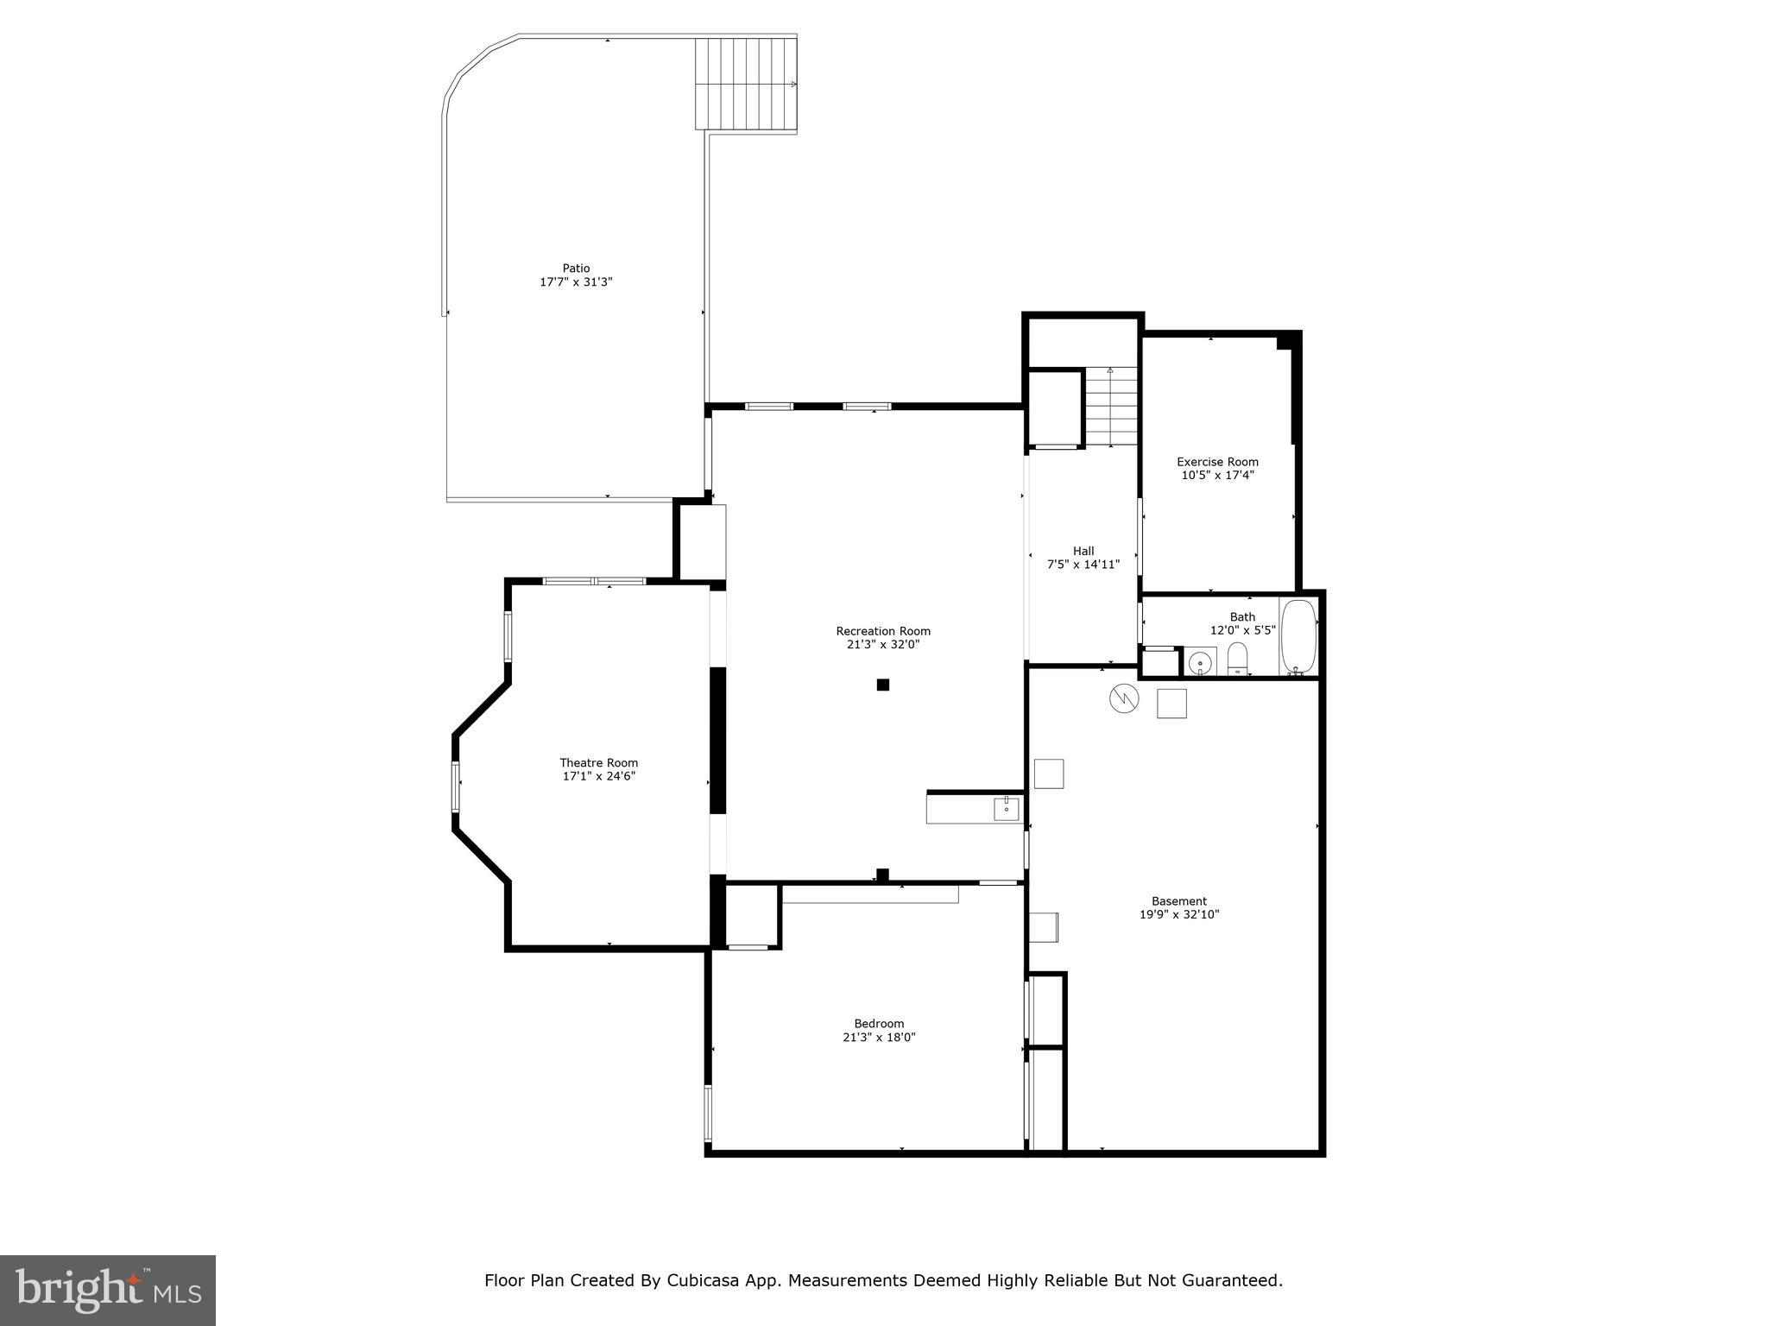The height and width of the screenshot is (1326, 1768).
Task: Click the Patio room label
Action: pyautogui.click(x=576, y=268)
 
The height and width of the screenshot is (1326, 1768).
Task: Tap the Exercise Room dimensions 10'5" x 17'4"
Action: pyautogui.click(x=1217, y=475)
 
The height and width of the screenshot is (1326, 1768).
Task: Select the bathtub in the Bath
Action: pyautogui.click(x=1298, y=637)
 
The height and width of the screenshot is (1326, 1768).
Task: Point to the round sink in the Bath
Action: pyautogui.click(x=1200, y=663)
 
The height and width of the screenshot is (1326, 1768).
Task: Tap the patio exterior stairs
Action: pyautogui.click(x=746, y=83)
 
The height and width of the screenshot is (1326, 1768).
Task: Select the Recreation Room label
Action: pyautogui.click(x=883, y=631)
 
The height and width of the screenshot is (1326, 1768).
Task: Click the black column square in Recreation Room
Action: pyautogui.click(x=882, y=685)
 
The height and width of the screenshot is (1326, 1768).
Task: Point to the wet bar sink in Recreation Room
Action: pyautogui.click(x=1006, y=809)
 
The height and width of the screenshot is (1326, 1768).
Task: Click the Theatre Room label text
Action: pyautogui.click(x=598, y=762)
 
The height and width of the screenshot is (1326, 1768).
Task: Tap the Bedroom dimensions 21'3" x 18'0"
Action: pyautogui.click(x=879, y=1038)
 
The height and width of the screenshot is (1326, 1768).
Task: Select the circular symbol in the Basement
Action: pyautogui.click(x=1124, y=698)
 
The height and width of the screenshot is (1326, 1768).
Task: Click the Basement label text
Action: pyautogui.click(x=1178, y=901)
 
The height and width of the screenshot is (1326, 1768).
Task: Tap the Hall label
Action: pyautogui.click(x=1083, y=551)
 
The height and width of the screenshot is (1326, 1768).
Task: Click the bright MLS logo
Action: pyautogui.click(x=108, y=1290)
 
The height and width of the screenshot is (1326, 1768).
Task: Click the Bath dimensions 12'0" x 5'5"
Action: pyautogui.click(x=1242, y=630)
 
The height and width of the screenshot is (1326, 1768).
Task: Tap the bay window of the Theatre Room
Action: pyautogui.click(x=456, y=786)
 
